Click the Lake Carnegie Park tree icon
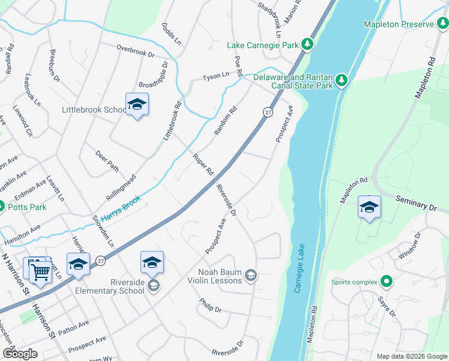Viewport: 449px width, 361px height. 307,45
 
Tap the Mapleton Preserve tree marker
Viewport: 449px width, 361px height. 443,24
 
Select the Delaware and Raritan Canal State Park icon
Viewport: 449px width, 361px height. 342,80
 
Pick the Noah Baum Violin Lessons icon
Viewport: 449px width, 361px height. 250,276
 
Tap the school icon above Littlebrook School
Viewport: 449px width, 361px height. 137,105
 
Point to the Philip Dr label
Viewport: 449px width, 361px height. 210,305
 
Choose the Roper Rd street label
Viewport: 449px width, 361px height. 203,164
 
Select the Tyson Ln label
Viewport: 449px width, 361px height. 216,77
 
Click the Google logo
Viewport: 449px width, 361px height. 20,354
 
